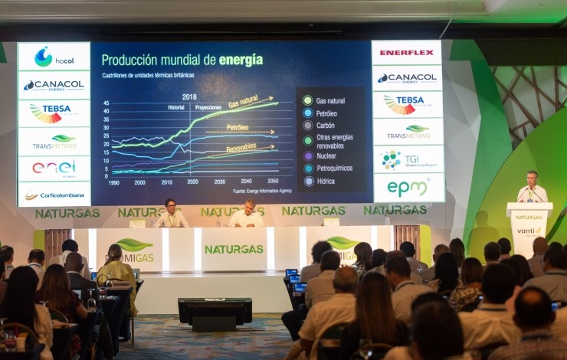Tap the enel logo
(54, 167)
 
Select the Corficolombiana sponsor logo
(54, 195)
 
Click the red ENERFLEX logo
(407, 53)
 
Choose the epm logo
(407, 188)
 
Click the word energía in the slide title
(241, 60)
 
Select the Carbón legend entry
(325, 126)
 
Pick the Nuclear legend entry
(326, 155)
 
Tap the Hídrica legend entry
(326, 182)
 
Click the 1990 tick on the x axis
(113, 182)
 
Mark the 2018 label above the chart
(189, 97)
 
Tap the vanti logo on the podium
(528, 230)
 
